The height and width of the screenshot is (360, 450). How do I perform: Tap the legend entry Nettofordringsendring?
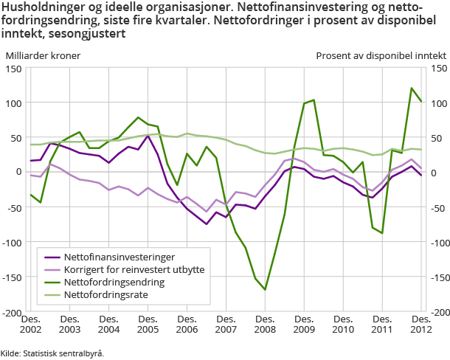coord(114,283)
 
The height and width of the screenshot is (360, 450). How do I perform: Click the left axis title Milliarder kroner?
coord(43,55)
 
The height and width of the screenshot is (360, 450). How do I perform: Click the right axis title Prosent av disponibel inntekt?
coord(381,55)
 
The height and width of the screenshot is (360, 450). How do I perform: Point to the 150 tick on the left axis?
coord(13,69)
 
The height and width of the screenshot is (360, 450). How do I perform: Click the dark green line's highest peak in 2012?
coord(412,89)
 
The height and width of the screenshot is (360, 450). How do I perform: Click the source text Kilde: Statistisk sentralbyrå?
coord(52,353)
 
